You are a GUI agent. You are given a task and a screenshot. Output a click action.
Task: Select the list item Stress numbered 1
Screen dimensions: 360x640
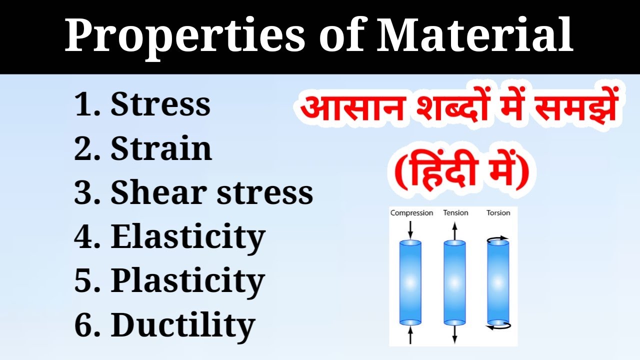pyautogui.click(x=160, y=104)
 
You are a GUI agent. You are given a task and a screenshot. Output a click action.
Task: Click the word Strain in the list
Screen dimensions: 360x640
pyautogui.click(x=161, y=148)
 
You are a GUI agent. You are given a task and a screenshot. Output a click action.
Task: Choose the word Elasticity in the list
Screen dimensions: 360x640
pyautogui.click(x=187, y=236)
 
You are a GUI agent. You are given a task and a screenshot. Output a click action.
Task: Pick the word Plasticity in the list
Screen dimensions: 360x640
pyautogui.click(x=187, y=280)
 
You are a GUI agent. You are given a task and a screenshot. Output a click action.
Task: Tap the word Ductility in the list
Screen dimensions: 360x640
pyautogui.click(x=182, y=324)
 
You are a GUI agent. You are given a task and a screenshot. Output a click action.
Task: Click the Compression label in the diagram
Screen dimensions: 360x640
pyautogui.click(x=411, y=213)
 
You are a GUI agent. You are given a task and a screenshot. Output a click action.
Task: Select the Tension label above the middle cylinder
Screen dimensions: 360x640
pyautogui.click(x=455, y=213)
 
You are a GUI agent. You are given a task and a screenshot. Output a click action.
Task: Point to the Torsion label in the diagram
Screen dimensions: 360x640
pyautogui.click(x=498, y=213)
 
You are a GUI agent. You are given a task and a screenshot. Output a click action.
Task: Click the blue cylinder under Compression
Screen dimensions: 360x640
pyautogui.click(x=410, y=282)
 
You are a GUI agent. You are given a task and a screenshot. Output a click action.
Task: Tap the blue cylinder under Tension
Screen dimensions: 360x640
pyautogui.click(x=454, y=282)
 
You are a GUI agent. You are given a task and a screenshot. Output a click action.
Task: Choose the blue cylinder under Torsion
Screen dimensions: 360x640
pyautogui.click(x=498, y=282)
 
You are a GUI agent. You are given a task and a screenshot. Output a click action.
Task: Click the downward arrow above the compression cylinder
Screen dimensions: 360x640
pyautogui.click(x=410, y=228)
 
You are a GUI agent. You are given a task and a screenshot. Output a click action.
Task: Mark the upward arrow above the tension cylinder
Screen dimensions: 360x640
pyautogui.click(x=454, y=230)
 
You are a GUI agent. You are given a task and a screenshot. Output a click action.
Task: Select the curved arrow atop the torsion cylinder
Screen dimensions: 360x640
pyautogui.click(x=498, y=238)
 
